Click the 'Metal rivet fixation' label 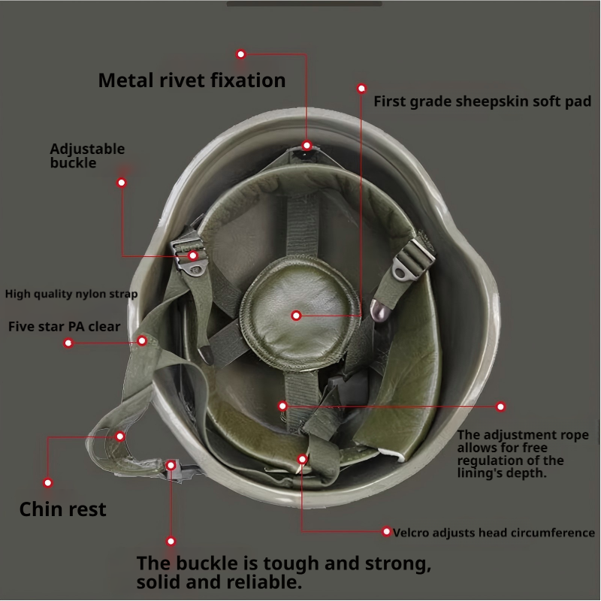pos(192,80)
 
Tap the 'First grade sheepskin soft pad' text pos(482,101)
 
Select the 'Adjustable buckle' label pos(87,156)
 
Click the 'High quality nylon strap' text pos(71,294)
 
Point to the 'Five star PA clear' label pos(64,327)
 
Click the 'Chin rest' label pos(62,509)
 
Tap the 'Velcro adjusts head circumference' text pos(494,533)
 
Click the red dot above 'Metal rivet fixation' pos(241,54)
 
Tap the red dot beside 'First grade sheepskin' pos(361,88)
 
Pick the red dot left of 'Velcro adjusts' pos(387,532)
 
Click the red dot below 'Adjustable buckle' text pos(122,182)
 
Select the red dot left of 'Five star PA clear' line pos(68,343)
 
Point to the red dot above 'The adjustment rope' pos(501,406)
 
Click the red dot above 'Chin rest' pos(48,483)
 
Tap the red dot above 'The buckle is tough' pos(171,541)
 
